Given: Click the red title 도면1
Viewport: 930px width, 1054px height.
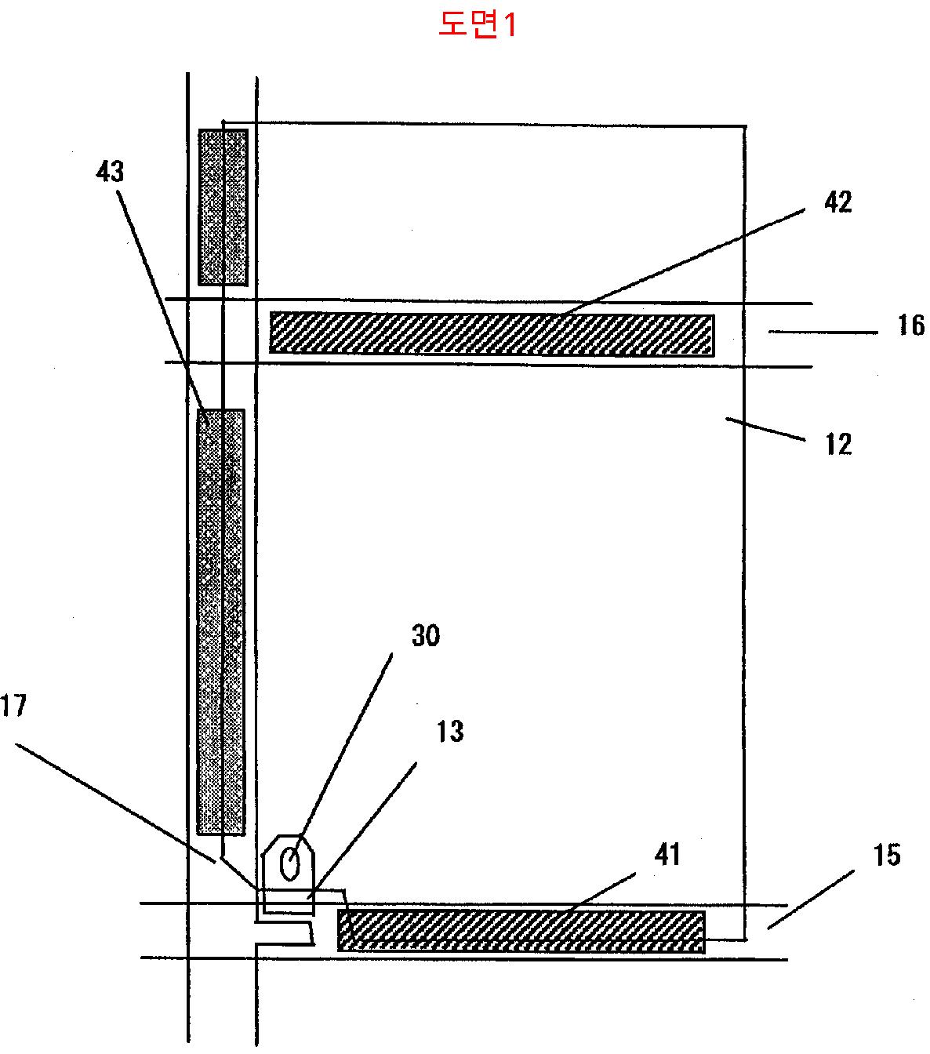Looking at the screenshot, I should [478, 25].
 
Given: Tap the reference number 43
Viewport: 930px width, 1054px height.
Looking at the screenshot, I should [111, 171].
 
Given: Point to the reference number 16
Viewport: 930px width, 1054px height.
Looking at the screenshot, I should [910, 324].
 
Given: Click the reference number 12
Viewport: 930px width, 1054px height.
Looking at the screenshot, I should [838, 445].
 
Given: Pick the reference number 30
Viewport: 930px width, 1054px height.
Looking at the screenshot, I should [426, 635].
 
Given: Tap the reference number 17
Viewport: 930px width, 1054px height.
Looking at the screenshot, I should [14, 707].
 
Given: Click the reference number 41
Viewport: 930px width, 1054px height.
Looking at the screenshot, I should [667, 854].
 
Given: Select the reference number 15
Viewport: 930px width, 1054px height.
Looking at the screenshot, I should [887, 855].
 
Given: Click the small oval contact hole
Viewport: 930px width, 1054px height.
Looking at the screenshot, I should [289, 865].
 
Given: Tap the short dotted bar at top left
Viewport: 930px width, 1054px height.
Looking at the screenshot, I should [223, 207].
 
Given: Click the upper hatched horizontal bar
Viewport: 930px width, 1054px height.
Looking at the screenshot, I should [492, 333].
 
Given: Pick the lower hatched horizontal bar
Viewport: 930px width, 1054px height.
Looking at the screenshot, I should [521, 931].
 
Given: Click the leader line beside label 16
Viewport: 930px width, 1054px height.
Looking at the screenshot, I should [823, 333].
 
